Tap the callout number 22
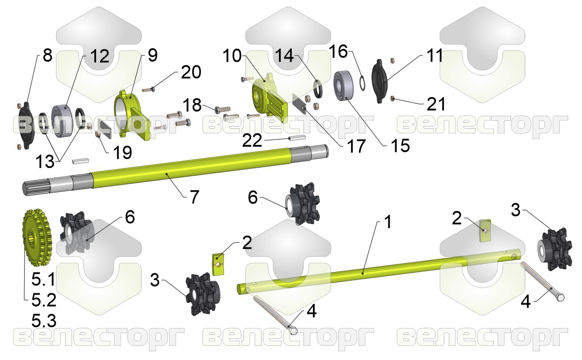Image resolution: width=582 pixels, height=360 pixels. click(x=252, y=140)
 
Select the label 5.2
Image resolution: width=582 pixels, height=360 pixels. click(x=44, y=300)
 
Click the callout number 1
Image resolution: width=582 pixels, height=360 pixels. click(x=388, y=222)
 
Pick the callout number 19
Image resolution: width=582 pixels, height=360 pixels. click(x=122, y=152)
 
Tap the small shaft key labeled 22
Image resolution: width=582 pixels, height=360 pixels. click(x=298, y=137)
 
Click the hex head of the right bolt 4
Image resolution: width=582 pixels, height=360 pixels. click(x=559, y=297)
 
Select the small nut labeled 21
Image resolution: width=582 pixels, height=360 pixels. click(x=393, y=98)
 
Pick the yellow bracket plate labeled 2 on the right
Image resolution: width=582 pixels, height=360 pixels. click(x=485, y=230)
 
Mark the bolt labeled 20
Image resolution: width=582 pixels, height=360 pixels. click(x=149, y=90)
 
